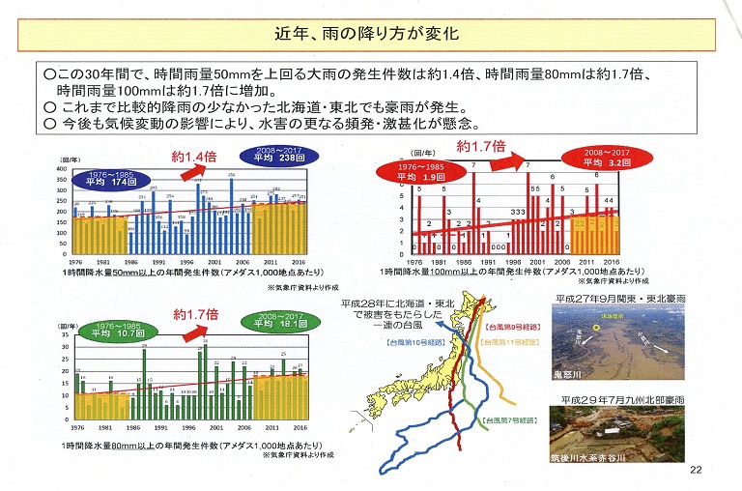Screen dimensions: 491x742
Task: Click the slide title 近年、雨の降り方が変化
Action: (x=370, y=34)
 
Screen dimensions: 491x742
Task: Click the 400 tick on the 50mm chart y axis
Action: (x=62, y=168)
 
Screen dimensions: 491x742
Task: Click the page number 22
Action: (x=696, y=471)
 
